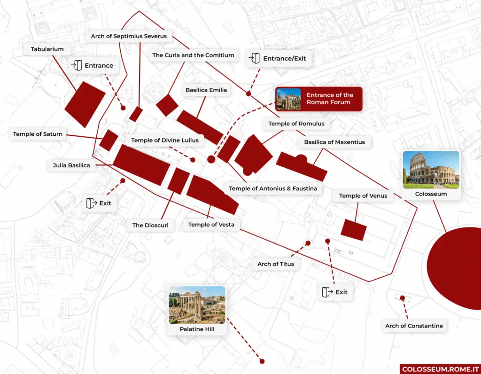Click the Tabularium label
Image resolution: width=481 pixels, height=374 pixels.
pyautogui.click(x=47, y=49)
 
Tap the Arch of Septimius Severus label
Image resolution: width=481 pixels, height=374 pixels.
pyautogui.click(x=129, y=36)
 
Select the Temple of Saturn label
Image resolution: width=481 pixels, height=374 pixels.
pyautogui.click(x=38, y=134)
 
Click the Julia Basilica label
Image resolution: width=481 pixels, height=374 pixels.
pyautogui.click(x=71, y=165)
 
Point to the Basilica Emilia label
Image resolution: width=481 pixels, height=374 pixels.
pyautogui.click(x=206, y=90)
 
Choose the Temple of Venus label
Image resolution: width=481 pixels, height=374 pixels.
pyautogui.click(x=363, y=195)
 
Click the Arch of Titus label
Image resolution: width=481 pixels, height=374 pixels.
pyautogui.click(x=276, y=264)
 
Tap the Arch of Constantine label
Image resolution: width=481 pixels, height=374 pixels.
pyautogui.click(x=414, y=326)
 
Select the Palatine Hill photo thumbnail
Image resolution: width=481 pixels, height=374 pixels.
pyautogui.click(x=197, y=305)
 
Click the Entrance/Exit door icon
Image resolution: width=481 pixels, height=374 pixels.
pyautogui.click(x=255, y=58)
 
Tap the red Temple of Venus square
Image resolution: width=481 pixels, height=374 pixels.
pyautogui.click(x=354, y=230)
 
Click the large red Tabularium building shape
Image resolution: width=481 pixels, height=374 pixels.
pyautogui.click(x=85, y=104)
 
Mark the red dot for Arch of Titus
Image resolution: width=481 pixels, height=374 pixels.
pyautogui.click(x=308, y=243)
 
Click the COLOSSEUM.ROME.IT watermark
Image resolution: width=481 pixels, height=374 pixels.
pyautogui.click(x=440, y=368)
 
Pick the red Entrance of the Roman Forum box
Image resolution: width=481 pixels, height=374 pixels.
pyautogui.click(x=318, y=99)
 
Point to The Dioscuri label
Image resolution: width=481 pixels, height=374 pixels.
pyautogui.click(x=150, y=225)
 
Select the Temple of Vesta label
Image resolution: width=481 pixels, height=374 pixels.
pyautogui.click(x=211, y=225)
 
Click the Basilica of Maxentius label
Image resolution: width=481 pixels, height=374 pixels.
pyautogui.click(x=334, y=142)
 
